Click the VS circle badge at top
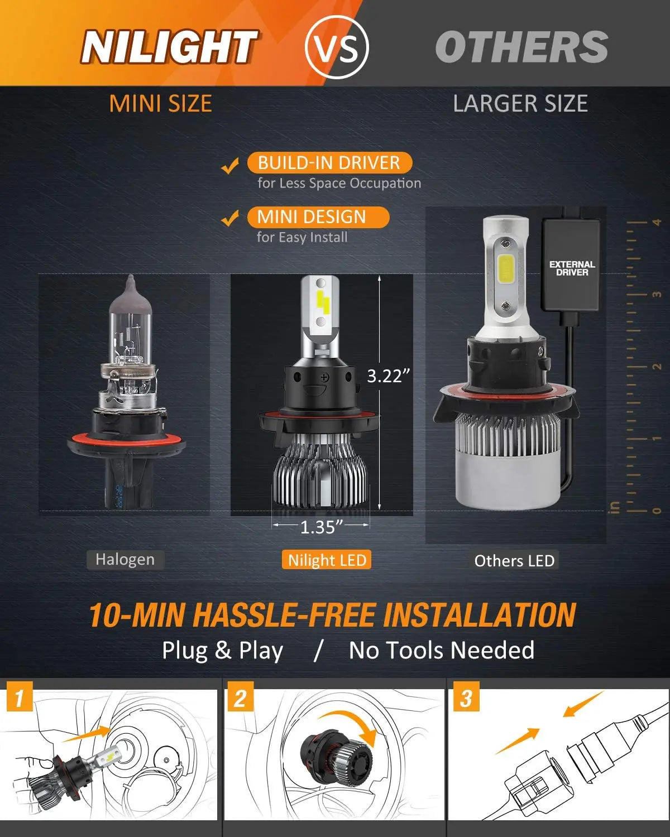[x=337, y=47]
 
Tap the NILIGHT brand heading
[x=169, y=47]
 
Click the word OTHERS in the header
[x=521, y=47]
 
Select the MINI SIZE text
[x=160, y=104]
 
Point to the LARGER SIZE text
[x=520, y=104]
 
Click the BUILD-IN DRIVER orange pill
[x=329, y=163]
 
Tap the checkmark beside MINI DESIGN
[x=230, y=219]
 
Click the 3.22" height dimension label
[x=388, y=376]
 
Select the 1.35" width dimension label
[x=321, y=527]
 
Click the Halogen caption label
[x=125, y=560]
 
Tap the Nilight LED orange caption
[x=327, y=560]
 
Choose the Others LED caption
[x=514, y=561]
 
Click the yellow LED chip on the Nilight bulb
[x=322, y=301]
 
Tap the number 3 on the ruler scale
[x=657, y=294]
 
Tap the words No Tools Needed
[x=441, y=651]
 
